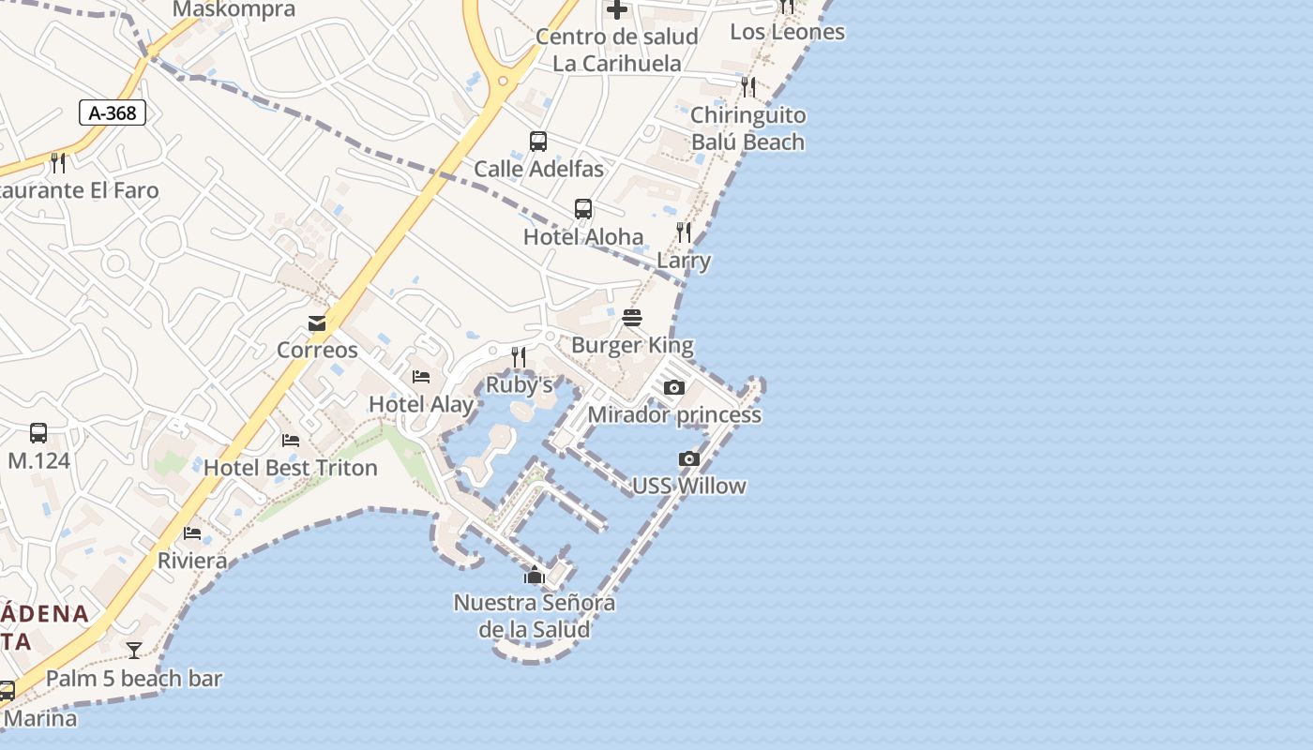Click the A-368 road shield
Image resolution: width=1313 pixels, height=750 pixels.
coord(113,113)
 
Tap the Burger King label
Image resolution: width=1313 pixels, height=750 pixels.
coord(632,345)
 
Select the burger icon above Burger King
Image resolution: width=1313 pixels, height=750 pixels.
coord(632,317)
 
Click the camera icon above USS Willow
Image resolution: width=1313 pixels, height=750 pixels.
coord(689,458)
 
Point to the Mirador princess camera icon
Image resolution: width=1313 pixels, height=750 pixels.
coord(673,387)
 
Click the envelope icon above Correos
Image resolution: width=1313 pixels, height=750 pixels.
coord(317,323)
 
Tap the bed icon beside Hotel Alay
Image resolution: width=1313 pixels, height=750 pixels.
coord(421,377)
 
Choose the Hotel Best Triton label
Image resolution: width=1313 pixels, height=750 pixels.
coord(291,467)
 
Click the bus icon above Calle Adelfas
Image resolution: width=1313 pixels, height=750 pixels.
coord(538,142)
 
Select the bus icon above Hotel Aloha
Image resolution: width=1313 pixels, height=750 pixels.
coord(583,209)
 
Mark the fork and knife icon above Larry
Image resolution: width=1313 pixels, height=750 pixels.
coord(684,232)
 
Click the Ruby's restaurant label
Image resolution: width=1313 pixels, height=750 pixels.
coord(519,384)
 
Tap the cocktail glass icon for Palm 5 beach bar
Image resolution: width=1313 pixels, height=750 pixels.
coord(134,651)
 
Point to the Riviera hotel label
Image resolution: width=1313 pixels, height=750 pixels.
coord(192,561)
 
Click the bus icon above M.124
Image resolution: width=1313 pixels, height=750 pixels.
coord(38,433)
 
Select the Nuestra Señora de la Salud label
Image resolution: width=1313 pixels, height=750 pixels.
coord(535,615)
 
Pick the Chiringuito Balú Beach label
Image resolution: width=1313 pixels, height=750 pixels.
coord(747,128)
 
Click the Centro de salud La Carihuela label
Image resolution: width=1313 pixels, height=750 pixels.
coord(617,50)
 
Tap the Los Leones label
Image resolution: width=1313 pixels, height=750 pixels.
coord(787,32)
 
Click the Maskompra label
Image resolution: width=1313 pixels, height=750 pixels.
coord(234,10)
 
